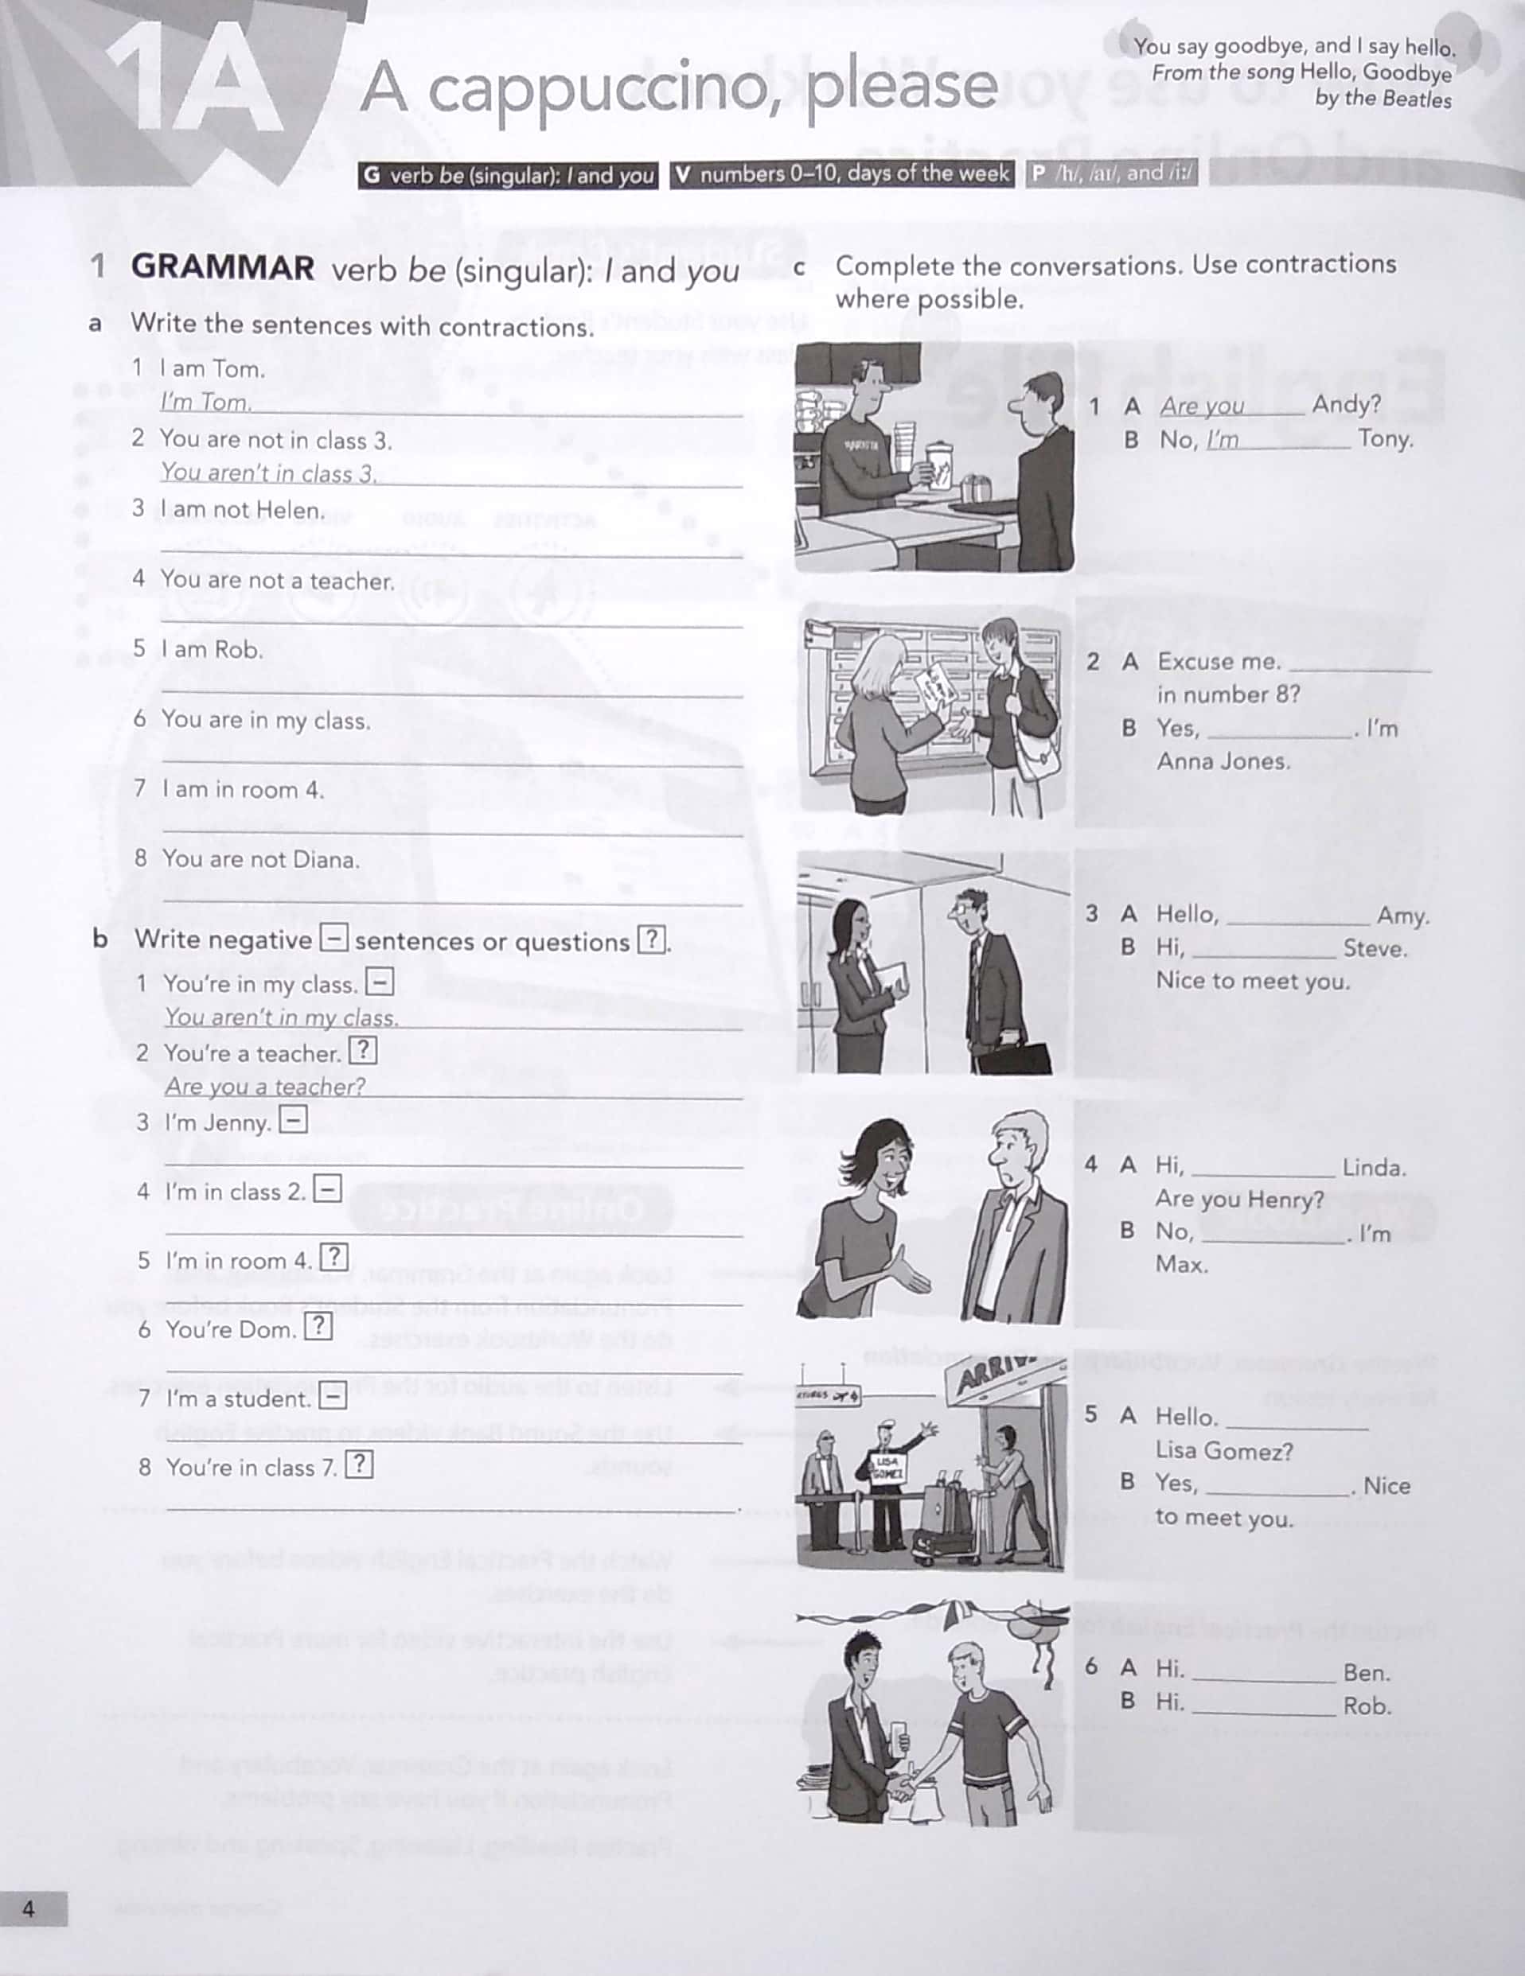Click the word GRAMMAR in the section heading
[x=223, y=268]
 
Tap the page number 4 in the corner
[x=29, y=1908]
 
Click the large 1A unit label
[x=194, y=86]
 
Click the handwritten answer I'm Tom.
[x=205, y=402]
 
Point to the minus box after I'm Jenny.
[x=292, y=1120]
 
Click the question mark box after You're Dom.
[x=318, y=1326]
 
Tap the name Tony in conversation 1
[x=1384, y=439]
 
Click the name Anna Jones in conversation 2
[x=1223, y=761]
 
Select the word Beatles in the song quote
[x=1418, y=99]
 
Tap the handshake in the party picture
[x=905, y=1787]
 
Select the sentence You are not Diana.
[x=259, y=858]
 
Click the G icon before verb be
[x=371, y=175]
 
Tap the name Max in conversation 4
[x=1181, y=1264]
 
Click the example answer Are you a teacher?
[x=265, y=1086]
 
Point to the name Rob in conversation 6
[x=1367, y=1706]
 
